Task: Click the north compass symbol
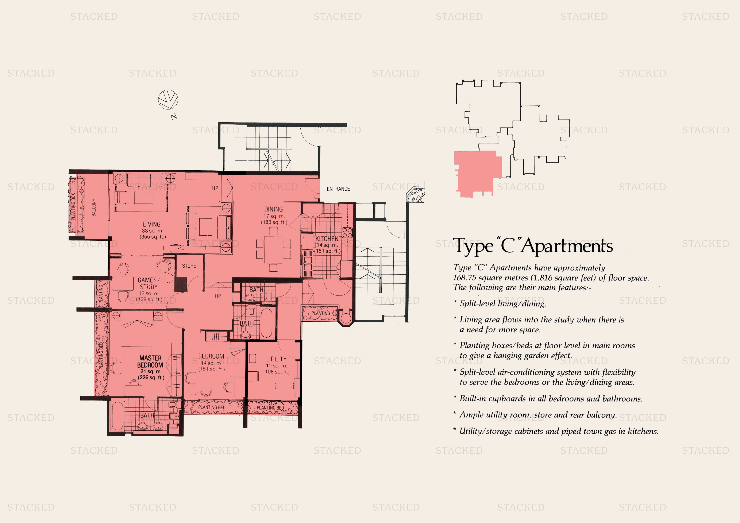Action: tap(168, 100)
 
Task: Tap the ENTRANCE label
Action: tap(338, 189)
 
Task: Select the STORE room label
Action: tap(189, 266)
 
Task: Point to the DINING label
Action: tap(273, 209)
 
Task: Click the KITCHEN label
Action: tap(327, 239)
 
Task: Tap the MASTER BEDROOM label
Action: tap(150, 361)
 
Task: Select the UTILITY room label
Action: tap(276, 359)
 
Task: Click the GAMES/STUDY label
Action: tap(148, 283)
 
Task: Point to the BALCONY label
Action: tap(94, 207)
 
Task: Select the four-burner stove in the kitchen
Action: tap(347, 232)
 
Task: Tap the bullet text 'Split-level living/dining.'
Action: tap(502, 303)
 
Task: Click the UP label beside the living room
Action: tap(215, 188)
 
